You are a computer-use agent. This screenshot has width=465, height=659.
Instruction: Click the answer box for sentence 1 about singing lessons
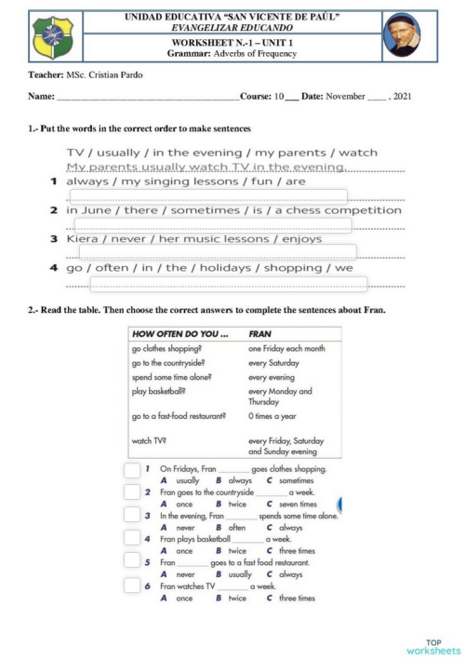[x=209, y=196]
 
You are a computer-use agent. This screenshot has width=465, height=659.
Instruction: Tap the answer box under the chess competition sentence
[x=213, y=224]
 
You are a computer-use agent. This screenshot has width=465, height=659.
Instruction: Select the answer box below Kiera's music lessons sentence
[x=218, y=252]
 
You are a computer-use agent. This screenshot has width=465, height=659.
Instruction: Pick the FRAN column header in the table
[x=260, y=332]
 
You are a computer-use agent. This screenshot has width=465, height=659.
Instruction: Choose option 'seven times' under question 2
[x=297, y=504]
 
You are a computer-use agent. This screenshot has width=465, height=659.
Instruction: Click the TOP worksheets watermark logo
[x=433, y=645]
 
